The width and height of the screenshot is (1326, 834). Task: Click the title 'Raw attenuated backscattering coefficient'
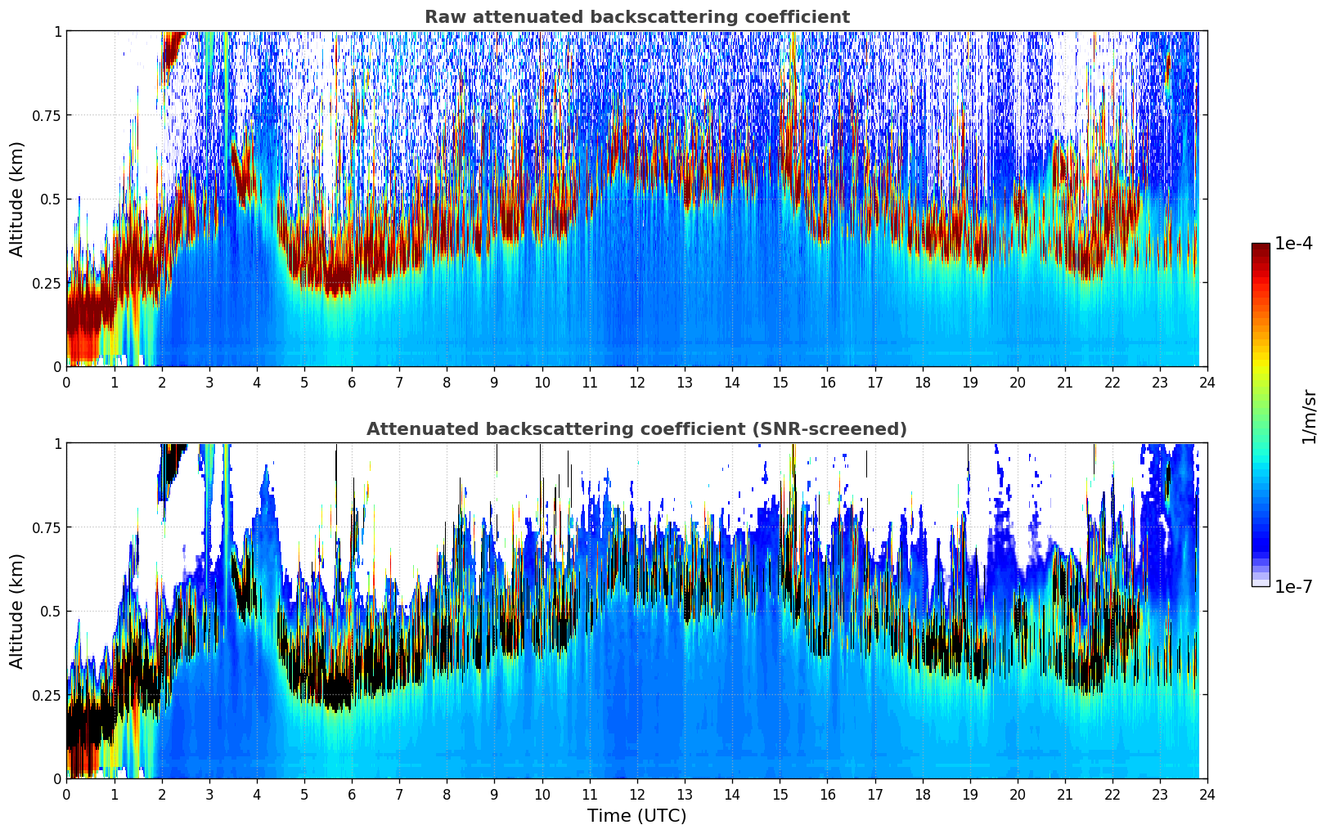pos(636,17)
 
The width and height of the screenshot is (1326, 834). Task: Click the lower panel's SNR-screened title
pos(636,429)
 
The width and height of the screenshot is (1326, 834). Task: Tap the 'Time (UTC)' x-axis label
pos(636,816)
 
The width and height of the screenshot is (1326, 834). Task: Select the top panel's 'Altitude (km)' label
pos(17,199)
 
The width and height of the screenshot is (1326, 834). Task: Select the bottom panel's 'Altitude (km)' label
pos(17,611)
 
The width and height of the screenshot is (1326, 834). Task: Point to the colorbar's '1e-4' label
pos(1293,244)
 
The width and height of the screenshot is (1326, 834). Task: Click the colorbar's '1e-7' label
pos(1293,586)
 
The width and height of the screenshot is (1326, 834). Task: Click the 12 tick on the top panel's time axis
pos(636,382)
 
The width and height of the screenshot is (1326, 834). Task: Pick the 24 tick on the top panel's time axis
pos(1207,382)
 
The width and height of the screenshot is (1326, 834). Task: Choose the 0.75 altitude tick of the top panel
pos(47,115)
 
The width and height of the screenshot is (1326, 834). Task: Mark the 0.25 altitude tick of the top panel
pos(47,283)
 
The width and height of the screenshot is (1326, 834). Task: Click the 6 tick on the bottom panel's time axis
pos(352,794)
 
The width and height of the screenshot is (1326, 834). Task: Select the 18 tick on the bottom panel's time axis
pos(922,794)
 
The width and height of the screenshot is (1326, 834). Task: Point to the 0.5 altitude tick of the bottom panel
pos(51,611)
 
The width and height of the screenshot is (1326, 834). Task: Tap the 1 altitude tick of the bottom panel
pos(57,443)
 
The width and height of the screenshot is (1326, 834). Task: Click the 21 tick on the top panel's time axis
pos(1064,382)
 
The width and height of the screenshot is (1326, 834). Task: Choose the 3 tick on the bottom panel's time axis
pos(209,794)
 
